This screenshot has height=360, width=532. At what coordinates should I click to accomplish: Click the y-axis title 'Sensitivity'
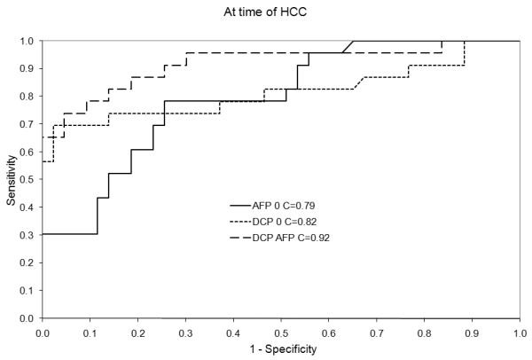pyautogui.click(x=12, y=179)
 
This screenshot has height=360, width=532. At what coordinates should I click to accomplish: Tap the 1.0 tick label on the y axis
pyautogui.click(x=27, y=41)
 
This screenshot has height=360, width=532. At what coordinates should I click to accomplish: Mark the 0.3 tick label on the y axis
pyautogui.click(x=27, y=235)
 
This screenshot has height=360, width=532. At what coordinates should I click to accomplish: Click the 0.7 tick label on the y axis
pyautogui.click(x=27, y=124)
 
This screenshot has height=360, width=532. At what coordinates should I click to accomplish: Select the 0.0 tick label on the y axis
pyautogui.click(x=27, y=318)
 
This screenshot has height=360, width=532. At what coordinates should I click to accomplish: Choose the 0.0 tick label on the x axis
pyautogui.click(x=43, y=333)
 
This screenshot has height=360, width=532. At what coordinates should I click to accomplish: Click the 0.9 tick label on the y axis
pyautogui.click(x=27, y=68)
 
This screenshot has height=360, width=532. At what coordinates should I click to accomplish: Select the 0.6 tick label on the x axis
pyautogui.click(x=328, y=333)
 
